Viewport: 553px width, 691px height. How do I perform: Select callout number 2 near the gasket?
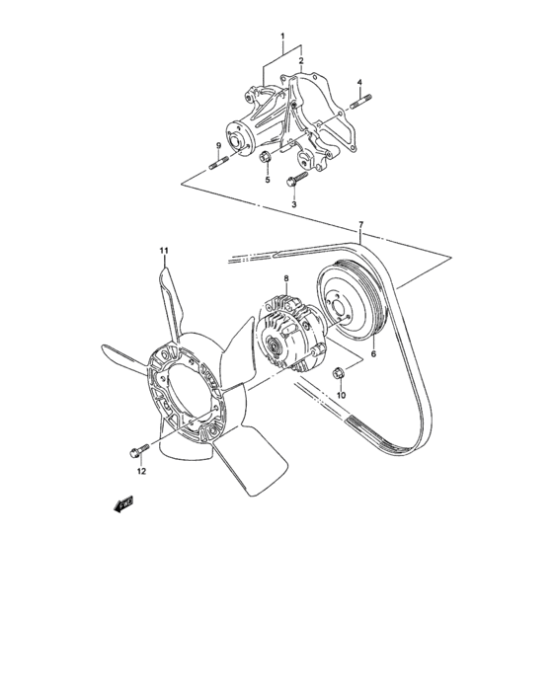click(301, 60)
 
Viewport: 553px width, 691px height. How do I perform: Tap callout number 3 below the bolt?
click(293, 204)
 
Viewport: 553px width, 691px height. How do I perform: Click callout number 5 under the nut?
click(267, 181)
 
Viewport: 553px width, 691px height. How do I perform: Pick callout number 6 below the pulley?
click(373, 352)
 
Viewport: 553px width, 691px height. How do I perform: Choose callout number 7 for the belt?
click(362, 226)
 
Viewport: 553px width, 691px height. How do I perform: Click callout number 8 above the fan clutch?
click(285, 279)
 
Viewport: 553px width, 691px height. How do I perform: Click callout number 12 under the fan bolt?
click(140, 471)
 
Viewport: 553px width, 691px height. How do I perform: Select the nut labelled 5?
click(266, 160)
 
